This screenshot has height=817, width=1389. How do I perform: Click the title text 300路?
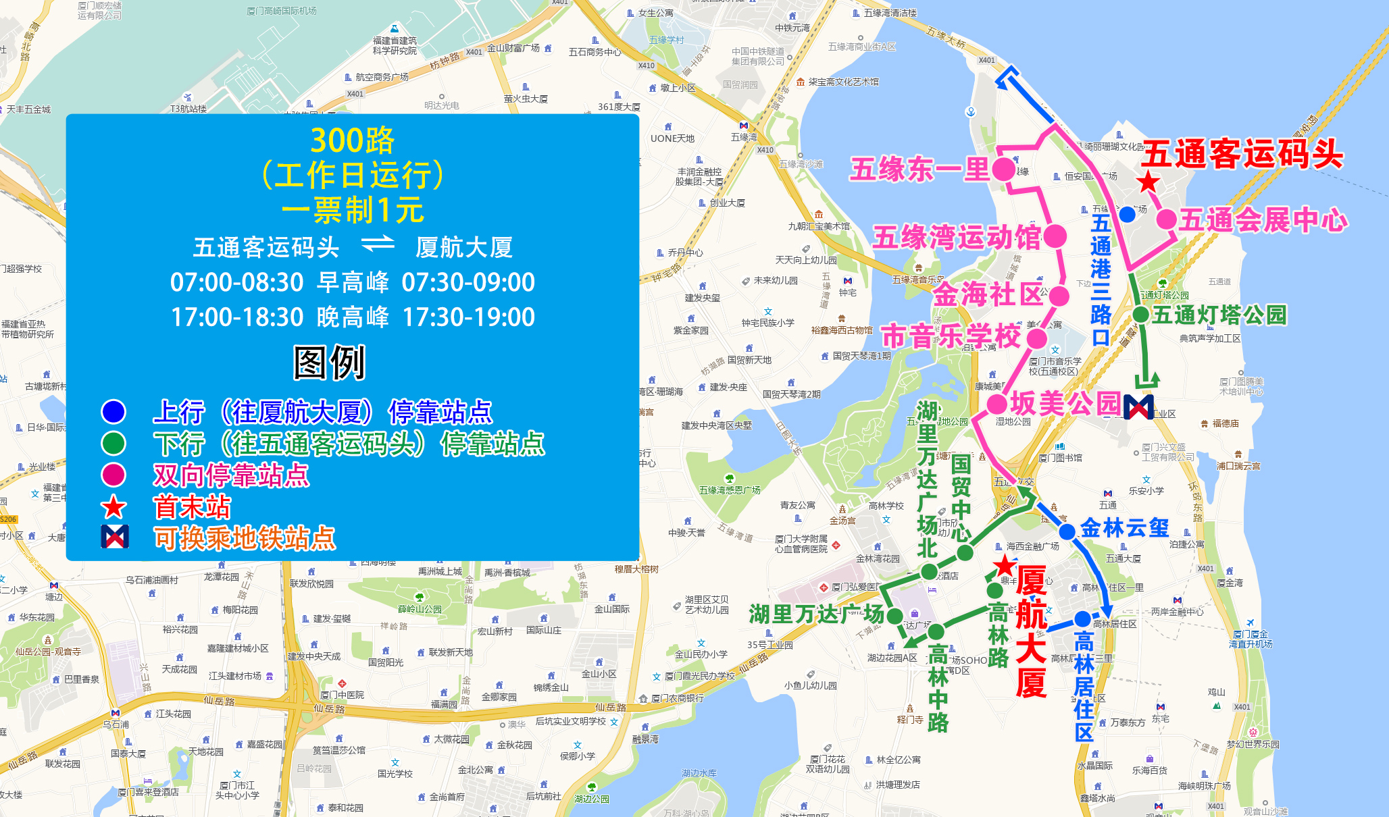[x=352, y=141]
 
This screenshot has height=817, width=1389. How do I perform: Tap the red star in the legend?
[x=113, y=507]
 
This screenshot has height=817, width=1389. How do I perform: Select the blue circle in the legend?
[x=113, y=411]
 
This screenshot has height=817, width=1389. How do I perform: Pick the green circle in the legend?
[x=113, y=444]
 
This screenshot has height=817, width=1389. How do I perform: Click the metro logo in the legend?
[x=114, y=537]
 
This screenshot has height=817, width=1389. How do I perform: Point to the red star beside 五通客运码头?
[x=1148, y=182]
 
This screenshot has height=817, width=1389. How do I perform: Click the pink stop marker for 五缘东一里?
[x=1003, y=169]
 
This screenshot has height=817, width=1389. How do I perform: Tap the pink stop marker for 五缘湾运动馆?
[x=1055, y=236]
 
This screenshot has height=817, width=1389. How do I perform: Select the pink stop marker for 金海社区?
[x=1059, y=296]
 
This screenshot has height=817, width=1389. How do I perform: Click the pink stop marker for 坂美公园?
[x=997, y=404]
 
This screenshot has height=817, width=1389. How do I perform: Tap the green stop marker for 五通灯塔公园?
[x=1140, y=314]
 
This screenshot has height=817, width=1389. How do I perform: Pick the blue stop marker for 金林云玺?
[x=1067, y=531]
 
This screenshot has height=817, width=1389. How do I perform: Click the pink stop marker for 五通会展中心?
[x=1166, y=219]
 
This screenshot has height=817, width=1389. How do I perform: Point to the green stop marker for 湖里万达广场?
[x=894, y=616]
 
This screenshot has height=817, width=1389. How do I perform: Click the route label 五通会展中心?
[x=1263, y=220]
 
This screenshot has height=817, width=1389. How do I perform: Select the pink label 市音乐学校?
[x=951, y=336]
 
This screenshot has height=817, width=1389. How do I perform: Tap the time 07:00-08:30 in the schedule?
[x=236, y=282]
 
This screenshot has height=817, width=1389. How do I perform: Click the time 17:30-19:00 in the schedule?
[x=468, y=317]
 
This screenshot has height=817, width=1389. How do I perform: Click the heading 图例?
[x=329, y=363]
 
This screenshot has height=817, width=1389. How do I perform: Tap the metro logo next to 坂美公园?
[x=1138, y=406]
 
